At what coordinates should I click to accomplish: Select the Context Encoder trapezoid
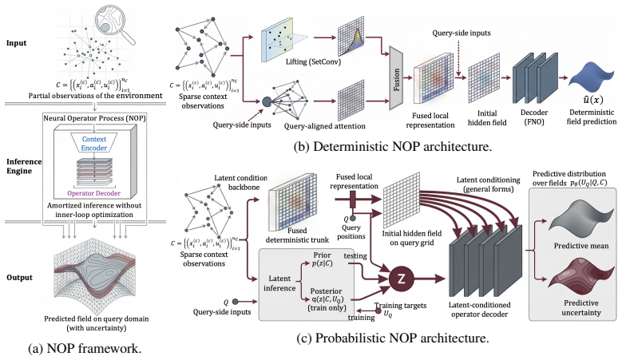[94, 144]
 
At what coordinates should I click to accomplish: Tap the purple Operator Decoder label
[94, 193]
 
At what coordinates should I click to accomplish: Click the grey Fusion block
[396, 77]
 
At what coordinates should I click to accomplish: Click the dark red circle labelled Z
[401, 279]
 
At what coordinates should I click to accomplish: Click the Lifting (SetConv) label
[313, 61]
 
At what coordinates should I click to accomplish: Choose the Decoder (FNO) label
[534, 117]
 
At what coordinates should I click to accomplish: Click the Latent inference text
[279, 283]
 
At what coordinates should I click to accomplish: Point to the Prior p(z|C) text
[322, 259]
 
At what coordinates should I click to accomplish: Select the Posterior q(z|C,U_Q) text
[327, 299]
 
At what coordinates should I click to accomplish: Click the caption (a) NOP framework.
[85, 348]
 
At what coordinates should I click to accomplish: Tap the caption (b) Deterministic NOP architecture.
[393, 146]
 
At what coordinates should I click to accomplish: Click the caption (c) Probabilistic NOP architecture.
[393, 338]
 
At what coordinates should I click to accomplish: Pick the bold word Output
[19, 278]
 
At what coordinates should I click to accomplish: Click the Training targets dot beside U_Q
[378, 311]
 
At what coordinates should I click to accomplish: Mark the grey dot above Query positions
[353, 219]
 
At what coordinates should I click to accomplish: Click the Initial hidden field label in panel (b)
[487, 118]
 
